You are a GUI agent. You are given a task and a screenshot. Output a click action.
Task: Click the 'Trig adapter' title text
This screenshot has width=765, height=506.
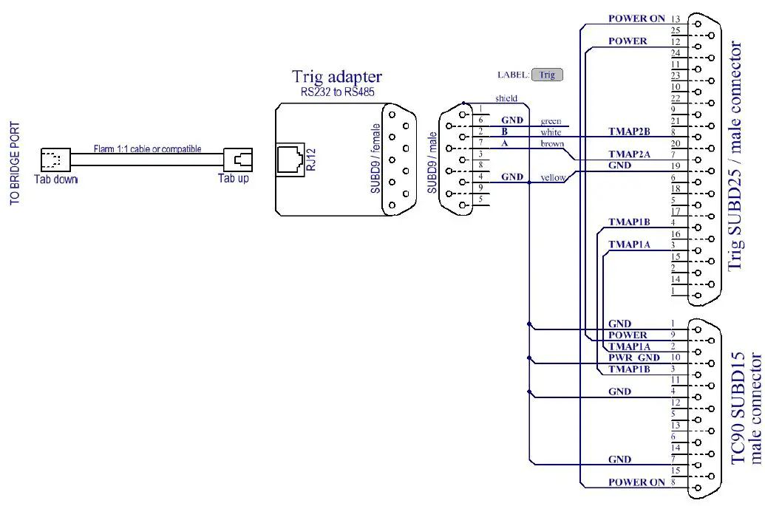click(x=336, y=76)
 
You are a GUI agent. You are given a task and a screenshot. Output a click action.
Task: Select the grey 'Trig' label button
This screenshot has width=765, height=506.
click(x=547, y=75)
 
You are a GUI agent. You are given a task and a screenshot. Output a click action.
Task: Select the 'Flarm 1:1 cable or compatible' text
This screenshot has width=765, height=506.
click(x=147, y=149)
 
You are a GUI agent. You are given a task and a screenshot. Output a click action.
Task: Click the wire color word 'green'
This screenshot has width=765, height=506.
click(x=551, y=121)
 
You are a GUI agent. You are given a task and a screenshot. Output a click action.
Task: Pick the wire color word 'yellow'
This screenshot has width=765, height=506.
click(x=553, y=178)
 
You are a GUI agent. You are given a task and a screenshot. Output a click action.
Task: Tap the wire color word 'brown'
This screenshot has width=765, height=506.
click(x=551, y=144)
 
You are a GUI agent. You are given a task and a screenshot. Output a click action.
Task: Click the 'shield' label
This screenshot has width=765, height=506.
click(x=506, y=98)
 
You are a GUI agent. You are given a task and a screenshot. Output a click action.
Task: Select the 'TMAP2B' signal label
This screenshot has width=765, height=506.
click(x=628, y=132)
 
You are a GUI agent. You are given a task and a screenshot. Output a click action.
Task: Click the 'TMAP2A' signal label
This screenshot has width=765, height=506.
click(x=628, y=155)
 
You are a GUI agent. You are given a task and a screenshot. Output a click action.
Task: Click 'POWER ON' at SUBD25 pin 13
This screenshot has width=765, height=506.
click(x=636, y=18)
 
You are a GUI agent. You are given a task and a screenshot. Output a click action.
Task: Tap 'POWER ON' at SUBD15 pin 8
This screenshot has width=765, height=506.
click(x=636, y=482)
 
